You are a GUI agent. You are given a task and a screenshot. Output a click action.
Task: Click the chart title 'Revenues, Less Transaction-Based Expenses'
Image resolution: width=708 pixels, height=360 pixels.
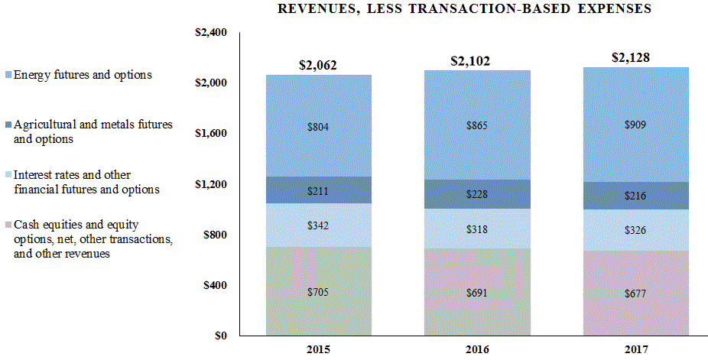465,9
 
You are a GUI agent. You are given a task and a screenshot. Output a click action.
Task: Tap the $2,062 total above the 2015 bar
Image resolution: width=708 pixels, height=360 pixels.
318,65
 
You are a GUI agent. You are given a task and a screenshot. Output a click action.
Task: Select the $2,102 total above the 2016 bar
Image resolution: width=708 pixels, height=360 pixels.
477,61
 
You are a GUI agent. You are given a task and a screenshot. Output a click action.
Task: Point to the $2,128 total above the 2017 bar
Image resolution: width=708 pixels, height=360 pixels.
635,57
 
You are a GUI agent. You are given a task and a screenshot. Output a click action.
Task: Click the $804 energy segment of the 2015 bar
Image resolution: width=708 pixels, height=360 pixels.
318,128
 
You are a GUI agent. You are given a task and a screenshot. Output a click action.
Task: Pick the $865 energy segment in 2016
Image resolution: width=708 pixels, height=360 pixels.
477,125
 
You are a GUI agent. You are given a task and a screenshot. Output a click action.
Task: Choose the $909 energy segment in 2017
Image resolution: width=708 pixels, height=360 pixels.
635,124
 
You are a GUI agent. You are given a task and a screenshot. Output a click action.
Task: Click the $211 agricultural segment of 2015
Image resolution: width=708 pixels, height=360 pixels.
318,190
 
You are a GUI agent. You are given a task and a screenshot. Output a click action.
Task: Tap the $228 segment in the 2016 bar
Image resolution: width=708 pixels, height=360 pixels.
477,194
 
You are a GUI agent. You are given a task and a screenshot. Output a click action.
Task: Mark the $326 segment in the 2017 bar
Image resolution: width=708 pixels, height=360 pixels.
635,230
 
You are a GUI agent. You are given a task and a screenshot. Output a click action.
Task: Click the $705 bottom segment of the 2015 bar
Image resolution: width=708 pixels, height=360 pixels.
318,291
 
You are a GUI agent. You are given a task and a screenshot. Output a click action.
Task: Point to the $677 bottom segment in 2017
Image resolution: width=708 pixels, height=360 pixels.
635,294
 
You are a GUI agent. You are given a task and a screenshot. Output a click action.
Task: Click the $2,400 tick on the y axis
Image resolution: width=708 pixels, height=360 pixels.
212,33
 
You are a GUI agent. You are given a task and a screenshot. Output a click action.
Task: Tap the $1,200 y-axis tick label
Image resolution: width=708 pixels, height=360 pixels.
212,184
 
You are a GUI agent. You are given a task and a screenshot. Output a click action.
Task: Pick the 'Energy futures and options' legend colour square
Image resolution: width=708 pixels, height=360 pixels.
7,75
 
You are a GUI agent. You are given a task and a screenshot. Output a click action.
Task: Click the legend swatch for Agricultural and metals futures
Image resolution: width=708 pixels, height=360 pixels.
7,125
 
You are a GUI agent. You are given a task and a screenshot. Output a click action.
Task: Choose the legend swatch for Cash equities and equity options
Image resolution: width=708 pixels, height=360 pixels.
7,225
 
